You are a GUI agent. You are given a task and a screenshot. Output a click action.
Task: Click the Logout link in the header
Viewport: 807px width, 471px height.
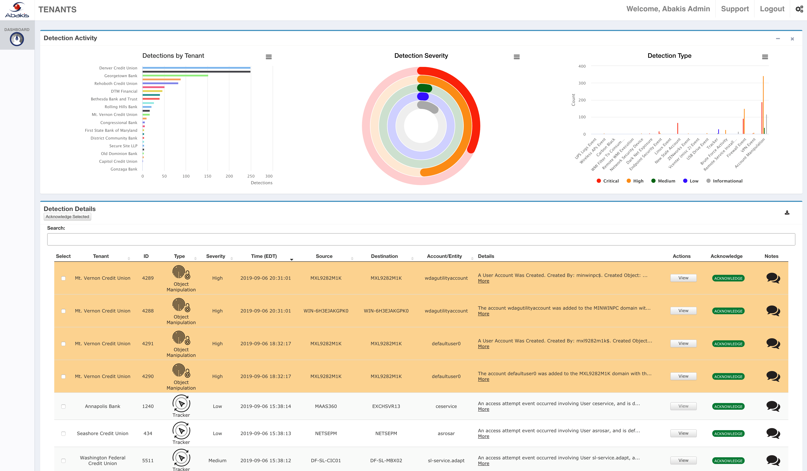[x=772, y=9]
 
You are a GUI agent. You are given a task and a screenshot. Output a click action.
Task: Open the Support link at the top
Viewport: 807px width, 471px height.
[x=735, y=9]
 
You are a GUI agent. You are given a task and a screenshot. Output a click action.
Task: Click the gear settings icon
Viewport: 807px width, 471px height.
[x=799, y=9]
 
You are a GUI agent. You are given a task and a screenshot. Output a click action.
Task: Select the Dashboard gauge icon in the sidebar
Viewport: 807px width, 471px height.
[x=17, y=39]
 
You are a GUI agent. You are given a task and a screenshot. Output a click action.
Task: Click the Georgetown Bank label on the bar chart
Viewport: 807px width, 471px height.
[x=120, y=76]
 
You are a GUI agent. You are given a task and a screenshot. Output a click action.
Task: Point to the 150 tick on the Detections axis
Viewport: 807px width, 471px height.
[x=207, y=176]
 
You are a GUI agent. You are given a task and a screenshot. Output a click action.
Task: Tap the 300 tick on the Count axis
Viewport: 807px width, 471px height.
[x=582, y=83]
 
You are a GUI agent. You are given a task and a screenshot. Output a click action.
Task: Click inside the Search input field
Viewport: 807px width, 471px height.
[x=421, y=239]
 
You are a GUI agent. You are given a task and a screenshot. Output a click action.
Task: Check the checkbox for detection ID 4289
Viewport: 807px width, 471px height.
[x=63, y=278]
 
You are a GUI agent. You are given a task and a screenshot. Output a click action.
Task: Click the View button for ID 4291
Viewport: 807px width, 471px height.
[x=683, y=343]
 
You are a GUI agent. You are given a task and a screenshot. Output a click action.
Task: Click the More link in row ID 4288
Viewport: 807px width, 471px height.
[x=483, y=314]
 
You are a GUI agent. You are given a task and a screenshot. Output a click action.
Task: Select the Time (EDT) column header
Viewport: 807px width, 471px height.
[x=263, y=256]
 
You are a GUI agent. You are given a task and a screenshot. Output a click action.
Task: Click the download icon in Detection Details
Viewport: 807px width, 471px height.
[x=787, y=213]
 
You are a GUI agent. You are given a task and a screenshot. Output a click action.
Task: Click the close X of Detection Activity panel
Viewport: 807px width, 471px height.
[x=792, y=39]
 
